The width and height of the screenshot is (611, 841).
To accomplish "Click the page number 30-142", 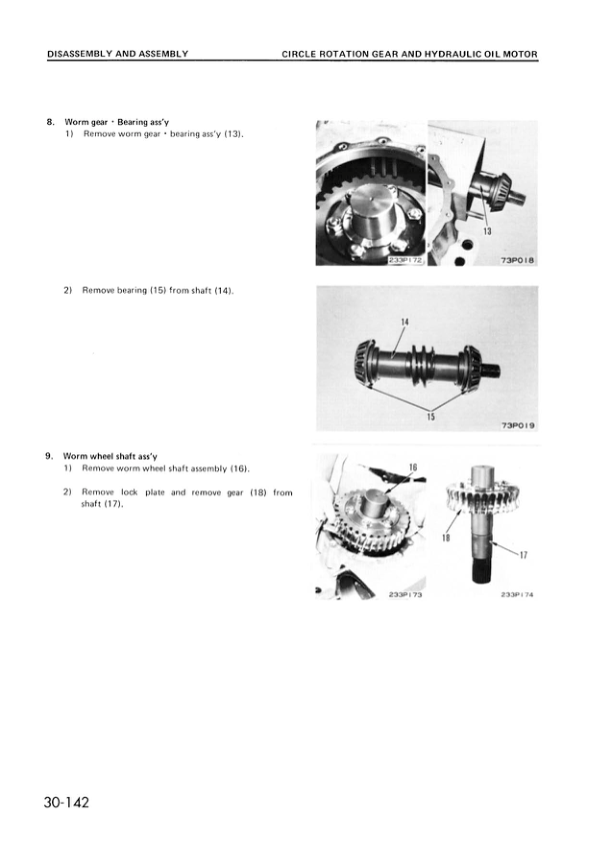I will point(66,802).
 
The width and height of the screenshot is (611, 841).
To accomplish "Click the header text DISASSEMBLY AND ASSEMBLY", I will point(118,53).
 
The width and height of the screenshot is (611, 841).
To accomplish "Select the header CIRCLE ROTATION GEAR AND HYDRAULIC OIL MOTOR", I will point(410,53).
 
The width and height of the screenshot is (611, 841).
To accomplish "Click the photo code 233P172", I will point(406,259).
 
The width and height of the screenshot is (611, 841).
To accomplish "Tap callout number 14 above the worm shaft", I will point(405,322).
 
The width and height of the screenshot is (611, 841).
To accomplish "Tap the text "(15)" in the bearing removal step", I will point(153,290).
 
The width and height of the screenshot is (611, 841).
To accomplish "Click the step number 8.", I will point(50,121).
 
